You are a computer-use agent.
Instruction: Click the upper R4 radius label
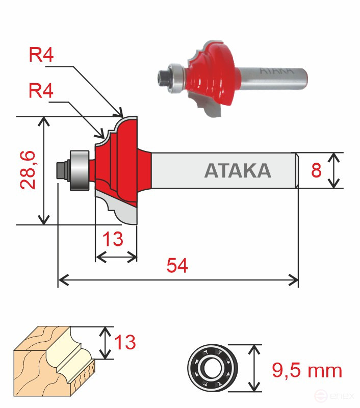pos(41,55)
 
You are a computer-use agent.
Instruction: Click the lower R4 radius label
pos(41,92)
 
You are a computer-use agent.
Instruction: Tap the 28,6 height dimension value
pos(29,170)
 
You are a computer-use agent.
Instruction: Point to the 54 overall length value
pos(177,266)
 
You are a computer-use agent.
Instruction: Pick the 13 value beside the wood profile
pos(124,342)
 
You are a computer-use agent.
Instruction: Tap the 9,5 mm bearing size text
pos(306,371)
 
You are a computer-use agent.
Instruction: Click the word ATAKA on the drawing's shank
pos(238,170)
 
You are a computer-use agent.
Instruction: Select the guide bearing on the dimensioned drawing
pos(79,170)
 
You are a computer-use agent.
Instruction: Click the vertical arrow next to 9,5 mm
pos(253,367)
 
